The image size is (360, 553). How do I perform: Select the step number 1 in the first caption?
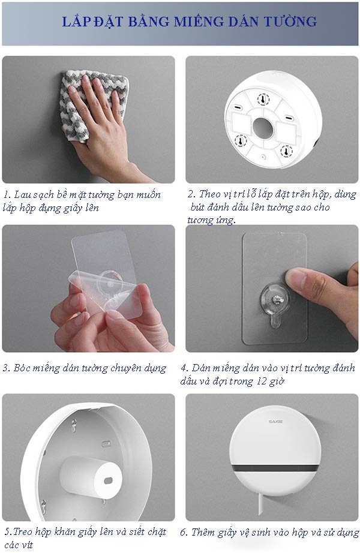6,195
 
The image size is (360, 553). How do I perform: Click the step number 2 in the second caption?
191,195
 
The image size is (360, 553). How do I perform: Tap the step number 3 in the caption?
6,368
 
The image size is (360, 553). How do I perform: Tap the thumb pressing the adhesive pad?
303,279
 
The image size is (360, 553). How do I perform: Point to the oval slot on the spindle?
108,480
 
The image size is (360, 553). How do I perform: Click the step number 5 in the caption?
7,532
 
